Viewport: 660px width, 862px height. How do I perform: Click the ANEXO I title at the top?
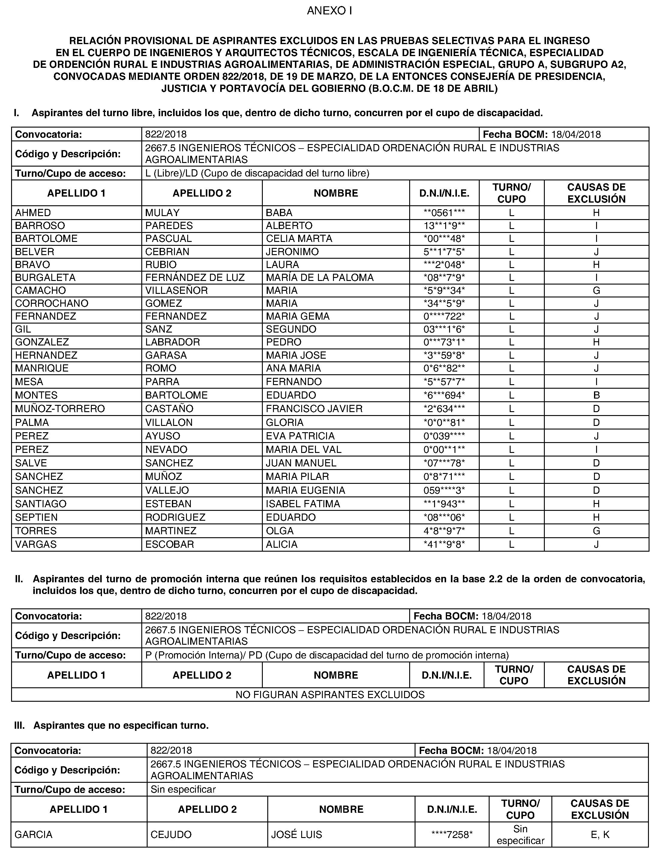(329, 11)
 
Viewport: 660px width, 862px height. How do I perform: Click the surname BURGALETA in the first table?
(45, 278)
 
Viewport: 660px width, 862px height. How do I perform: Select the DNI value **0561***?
(444, 213)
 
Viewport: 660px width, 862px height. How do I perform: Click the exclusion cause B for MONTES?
(596, 395)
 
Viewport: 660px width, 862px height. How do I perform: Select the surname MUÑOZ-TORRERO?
(60, 409)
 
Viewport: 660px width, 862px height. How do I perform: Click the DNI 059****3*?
(444, 490)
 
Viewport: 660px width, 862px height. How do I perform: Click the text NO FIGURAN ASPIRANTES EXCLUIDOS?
(330, 695)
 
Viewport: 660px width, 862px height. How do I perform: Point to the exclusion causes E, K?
(600, 834)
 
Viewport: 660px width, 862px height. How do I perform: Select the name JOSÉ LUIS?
(297, 834)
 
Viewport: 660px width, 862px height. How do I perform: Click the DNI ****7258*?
(452, 834)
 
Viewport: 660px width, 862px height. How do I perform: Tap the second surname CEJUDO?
(171, 834)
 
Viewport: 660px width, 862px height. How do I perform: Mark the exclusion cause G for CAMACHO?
(596, 291)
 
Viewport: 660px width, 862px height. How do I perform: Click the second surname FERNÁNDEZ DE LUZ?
(195, 278)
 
